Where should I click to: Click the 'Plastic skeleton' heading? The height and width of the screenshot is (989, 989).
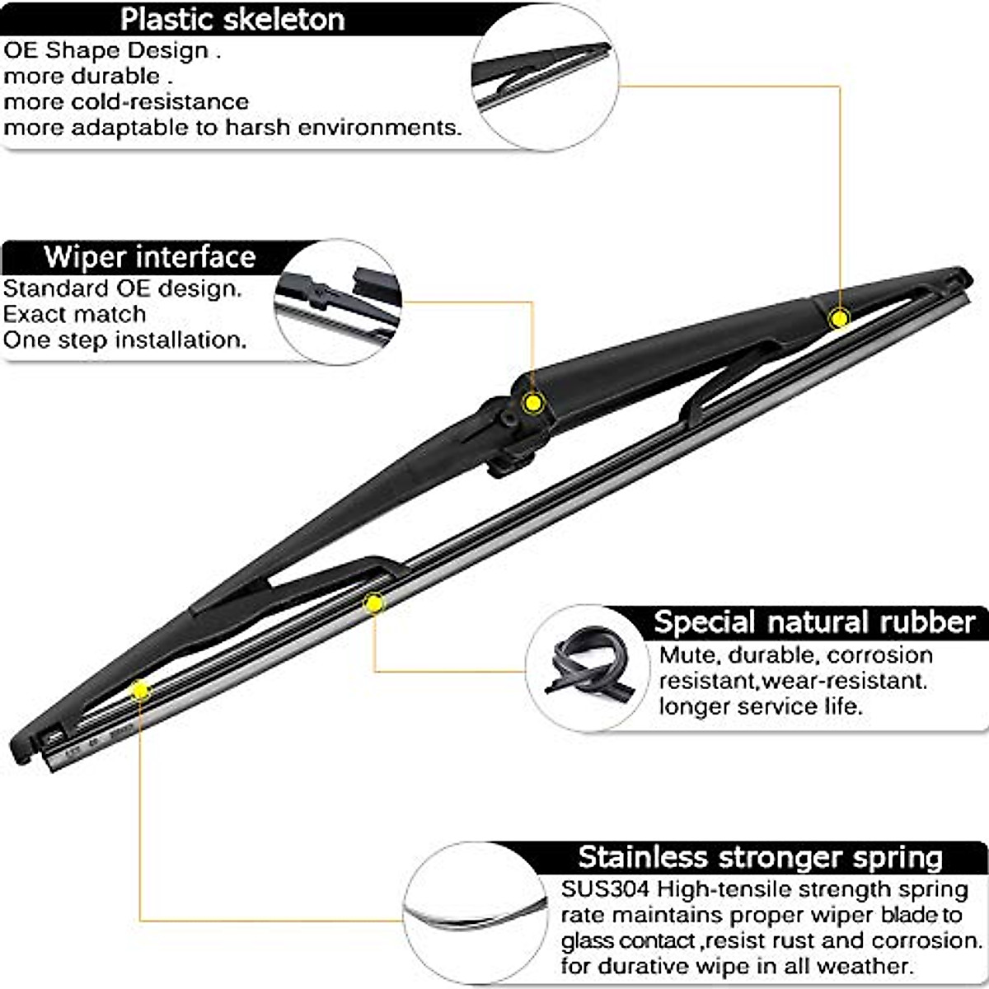coord(232,19)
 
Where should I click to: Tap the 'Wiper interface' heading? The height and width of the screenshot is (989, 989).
coord(149,256)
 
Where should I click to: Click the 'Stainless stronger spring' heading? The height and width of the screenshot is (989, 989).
coord(760,857)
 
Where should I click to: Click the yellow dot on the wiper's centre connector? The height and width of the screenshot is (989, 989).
coord(533,403)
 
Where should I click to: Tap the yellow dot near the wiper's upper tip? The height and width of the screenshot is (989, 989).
coord(839,318)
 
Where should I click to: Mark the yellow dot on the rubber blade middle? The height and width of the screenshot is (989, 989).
coord(374,604)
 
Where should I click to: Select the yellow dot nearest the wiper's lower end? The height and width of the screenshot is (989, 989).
coord(141,690)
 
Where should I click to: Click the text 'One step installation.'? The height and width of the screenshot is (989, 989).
coord(124,340)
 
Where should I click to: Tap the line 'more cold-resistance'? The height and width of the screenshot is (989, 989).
coord(126,101)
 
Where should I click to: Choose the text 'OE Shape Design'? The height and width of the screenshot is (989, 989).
coord(106,50)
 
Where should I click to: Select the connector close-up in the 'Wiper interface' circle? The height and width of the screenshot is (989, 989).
coord(338,301)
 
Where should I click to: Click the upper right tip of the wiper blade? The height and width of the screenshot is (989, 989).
coord(961,277)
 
